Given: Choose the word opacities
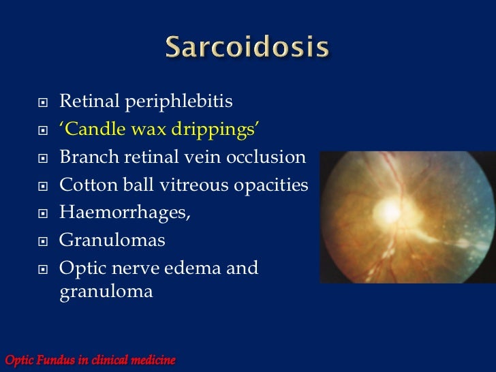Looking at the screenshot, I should pyautogui.click(x=268, y=185).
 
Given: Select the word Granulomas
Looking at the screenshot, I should pyautogui.click(x=112, y=241).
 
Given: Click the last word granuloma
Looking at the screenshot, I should pyautogui.click(x=106, y=293).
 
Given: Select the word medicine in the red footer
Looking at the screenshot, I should pyautogui.click(x=151, y=359).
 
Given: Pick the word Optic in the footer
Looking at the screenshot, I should pyautogui.click(x=19, y=359).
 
